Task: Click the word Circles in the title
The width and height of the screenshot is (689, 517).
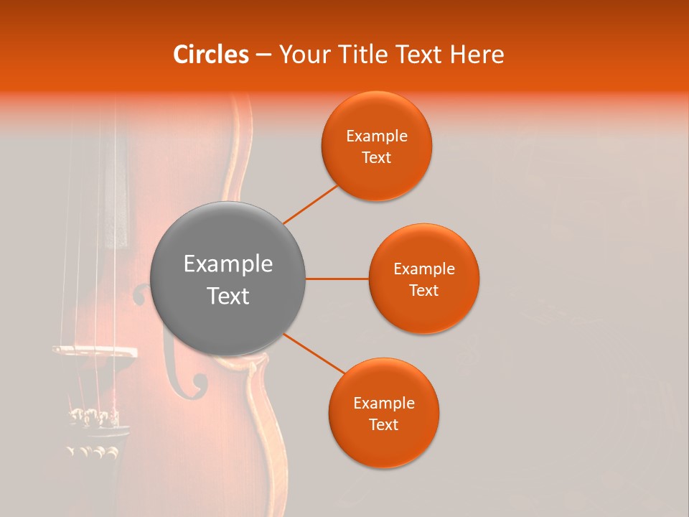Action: coord(211,55)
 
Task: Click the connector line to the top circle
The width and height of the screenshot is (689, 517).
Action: coord(310,204)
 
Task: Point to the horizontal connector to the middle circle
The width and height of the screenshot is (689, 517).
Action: coord(337,279)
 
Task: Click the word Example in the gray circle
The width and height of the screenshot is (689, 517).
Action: coord(228,264)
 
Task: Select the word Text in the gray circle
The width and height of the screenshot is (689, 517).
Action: coord(228,296)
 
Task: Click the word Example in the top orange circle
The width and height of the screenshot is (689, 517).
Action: coord(377,136)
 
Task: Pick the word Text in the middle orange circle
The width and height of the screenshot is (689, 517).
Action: coord(424,291)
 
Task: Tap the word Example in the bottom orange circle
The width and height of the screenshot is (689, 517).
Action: coord(384,404)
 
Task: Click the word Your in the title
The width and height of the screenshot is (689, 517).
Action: coord(302,55)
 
